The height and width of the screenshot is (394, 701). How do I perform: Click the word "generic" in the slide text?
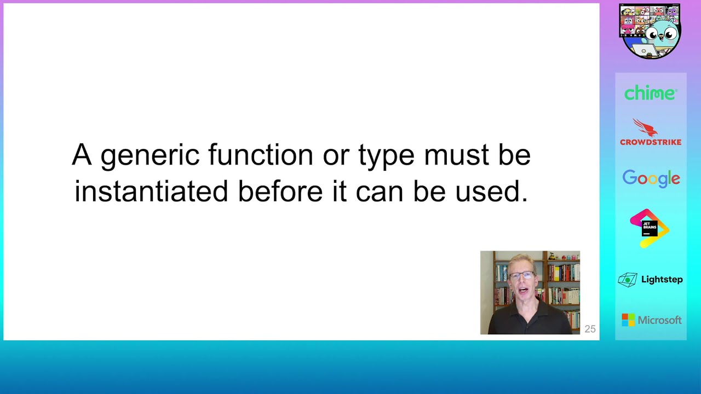150,155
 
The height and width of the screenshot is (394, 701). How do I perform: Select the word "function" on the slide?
261,154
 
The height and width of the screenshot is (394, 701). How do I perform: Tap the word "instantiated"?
151,191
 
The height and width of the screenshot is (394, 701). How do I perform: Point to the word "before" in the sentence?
280,191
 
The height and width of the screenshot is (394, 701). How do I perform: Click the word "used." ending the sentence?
491,191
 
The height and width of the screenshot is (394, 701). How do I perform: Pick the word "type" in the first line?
387,157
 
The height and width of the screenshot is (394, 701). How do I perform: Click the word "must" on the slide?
456,155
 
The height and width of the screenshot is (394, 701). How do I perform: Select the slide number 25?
590,329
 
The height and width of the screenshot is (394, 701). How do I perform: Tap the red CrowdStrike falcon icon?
645,128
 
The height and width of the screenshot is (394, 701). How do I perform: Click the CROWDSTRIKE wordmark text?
651,142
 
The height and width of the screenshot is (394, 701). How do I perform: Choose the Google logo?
651,178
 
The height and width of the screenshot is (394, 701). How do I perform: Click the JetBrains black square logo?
650,228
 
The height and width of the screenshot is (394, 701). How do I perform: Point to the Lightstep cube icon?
628,280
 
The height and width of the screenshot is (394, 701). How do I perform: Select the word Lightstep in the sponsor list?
662,279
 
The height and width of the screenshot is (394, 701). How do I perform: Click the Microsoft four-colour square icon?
628,320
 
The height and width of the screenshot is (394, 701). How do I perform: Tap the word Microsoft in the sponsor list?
660,320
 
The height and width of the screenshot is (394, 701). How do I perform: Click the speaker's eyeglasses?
522,276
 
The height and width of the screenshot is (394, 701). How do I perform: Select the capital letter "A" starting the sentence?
82,155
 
